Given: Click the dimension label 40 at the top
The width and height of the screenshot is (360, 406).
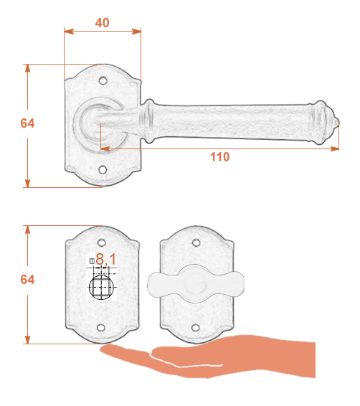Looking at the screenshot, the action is [x=103, y=23].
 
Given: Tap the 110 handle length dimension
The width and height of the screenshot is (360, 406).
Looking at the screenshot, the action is [x=219, y=157].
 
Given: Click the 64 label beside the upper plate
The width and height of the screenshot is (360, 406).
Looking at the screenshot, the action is [x=27, y=123].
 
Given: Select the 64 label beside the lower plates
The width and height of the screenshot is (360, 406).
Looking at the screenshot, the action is [x=27, y=280].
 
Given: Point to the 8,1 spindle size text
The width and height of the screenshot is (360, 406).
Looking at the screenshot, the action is [x=106, y=259].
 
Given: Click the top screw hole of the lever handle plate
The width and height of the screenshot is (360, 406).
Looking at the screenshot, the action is [x=103, y=81].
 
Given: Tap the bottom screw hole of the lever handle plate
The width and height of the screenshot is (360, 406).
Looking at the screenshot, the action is [x=103, y=170].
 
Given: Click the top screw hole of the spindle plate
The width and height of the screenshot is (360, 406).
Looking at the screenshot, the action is [x=101, y=243].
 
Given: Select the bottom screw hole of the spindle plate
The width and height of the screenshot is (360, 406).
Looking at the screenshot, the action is [x=101, y=328].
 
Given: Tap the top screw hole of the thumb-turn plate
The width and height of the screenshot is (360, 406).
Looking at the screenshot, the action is [x=196, y=243].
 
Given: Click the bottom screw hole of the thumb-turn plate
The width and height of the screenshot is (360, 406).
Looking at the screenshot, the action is [x=196, y=328].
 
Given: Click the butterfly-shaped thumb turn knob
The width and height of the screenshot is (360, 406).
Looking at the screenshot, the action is [x=196, y=284].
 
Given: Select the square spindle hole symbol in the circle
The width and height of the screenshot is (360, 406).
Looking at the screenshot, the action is [x=101, y=288].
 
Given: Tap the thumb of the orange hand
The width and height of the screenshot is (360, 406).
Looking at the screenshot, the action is [x=125, y=352].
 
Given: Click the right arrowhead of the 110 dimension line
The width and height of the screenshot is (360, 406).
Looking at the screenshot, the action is [x=335, y=148].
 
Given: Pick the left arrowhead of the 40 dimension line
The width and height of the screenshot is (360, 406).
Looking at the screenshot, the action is [x=69, y=32].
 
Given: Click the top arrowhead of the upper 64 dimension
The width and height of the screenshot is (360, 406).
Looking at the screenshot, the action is [x=27, y=69].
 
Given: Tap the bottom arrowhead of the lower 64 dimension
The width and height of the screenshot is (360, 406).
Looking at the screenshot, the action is [x=27, y=339].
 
